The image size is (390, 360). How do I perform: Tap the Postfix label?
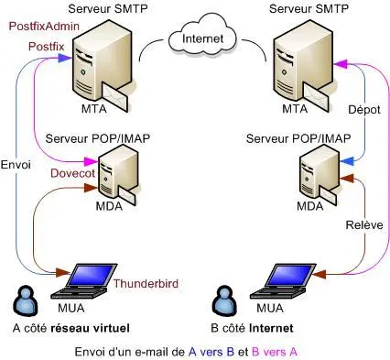tap(46, 45)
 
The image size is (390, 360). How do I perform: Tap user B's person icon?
tap(222, 300)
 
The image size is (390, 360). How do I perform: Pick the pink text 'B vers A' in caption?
tap(275, 350)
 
